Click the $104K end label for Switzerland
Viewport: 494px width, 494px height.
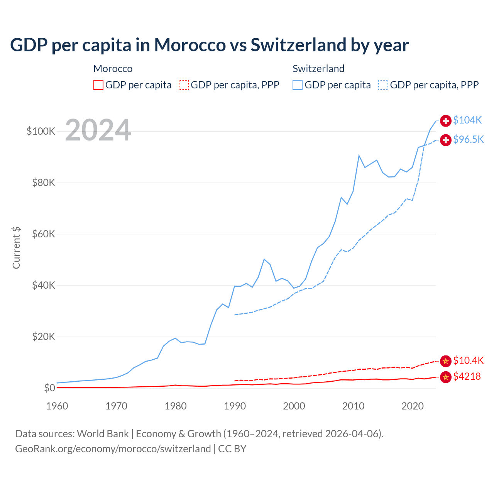tap(467, 120)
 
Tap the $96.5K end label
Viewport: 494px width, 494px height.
tap(468, 140)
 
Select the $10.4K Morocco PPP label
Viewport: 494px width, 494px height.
tap(468, 361)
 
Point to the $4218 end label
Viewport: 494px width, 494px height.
tap(467, 377)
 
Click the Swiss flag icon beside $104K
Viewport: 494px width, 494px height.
tap(446, 121)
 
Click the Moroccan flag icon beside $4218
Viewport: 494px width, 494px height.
tap(446, 377)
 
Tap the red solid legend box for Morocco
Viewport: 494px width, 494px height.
tap(98, 85)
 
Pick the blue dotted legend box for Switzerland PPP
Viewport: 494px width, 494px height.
tap(383, 85)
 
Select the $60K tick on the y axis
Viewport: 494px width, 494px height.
tap(44, 234)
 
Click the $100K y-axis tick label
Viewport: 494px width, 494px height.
tap(41, 132)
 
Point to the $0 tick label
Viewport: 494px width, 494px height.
tap(49, 388)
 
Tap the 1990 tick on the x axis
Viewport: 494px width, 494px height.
tap(235, 406)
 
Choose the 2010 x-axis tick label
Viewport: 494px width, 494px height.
tap(353, 406)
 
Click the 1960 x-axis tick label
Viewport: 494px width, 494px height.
tap(57, 406)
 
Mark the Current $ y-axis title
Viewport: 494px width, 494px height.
tap(16, 248)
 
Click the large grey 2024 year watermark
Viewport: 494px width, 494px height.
tap(98, 130)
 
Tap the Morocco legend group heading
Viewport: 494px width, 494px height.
tap(113, 69)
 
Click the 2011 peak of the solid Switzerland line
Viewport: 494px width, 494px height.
tap(359, 156)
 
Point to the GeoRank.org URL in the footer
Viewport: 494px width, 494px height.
tap(113, 449)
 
